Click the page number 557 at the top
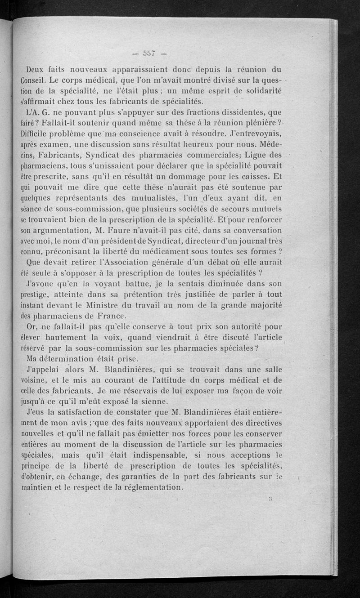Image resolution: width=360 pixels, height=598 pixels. click(x=147, y=54)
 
